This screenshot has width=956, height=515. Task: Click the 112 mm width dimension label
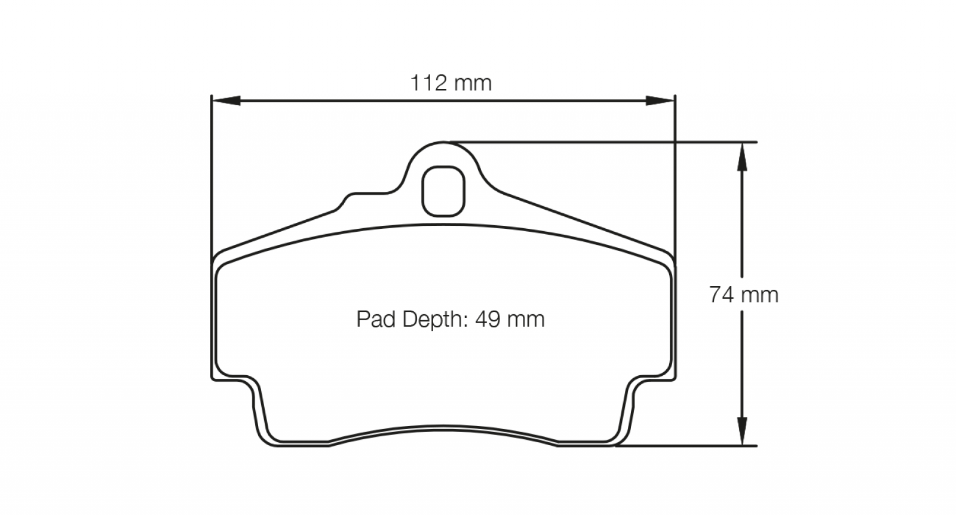coord(451,83)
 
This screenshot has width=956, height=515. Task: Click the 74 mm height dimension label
coord(744,295)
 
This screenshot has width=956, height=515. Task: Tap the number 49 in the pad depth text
coord(488,319)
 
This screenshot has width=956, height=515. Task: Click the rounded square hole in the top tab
coord(443,191)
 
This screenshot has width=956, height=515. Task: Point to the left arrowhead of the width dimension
coord(226,101)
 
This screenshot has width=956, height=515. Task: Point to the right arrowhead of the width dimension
coord(660,101)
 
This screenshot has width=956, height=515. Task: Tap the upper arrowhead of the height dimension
coord(742,157)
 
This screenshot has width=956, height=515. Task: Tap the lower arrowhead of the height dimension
coord(742,431)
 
